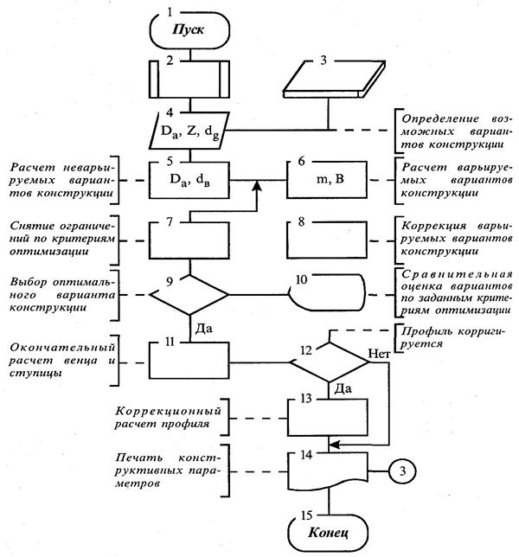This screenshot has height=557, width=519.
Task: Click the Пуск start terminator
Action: (x=189, y=29)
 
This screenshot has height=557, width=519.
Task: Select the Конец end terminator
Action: (x=328, y=532)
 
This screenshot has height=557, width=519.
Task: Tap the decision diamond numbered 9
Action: (x=189, y=295)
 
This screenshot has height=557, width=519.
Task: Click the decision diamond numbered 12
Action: (x=329, y=362)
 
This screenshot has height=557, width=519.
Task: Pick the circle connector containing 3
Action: (x=402, y=471)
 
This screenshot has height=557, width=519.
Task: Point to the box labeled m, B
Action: (x=327, y=179)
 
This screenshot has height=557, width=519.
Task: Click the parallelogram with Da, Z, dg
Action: (x=189, y=131)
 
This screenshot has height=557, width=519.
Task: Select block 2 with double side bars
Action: (x=189, y=79)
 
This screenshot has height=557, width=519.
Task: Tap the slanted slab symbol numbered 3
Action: (x=334, y=79)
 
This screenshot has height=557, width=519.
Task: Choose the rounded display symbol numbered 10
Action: (x=327, y=292)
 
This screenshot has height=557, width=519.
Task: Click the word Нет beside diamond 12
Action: (x=379, y=354)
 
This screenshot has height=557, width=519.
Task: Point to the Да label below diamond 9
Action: (x=204, y=329)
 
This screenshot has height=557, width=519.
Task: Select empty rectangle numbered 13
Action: (x=328, y=417)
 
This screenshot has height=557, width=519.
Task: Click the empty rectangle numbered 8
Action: (x=327, y=240)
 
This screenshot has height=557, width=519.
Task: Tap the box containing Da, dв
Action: (x=189, y=180)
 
